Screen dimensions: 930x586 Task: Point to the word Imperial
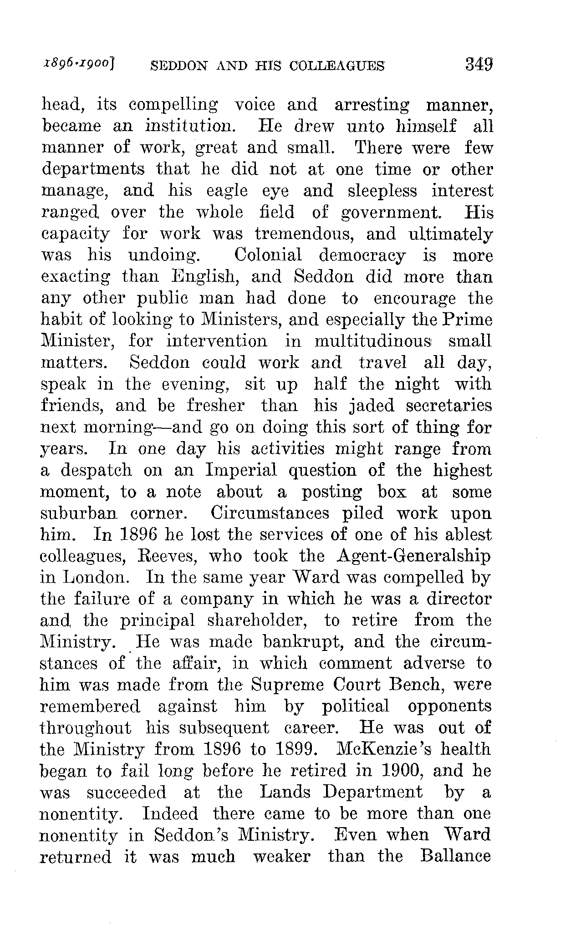241,470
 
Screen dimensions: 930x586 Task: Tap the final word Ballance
456,857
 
